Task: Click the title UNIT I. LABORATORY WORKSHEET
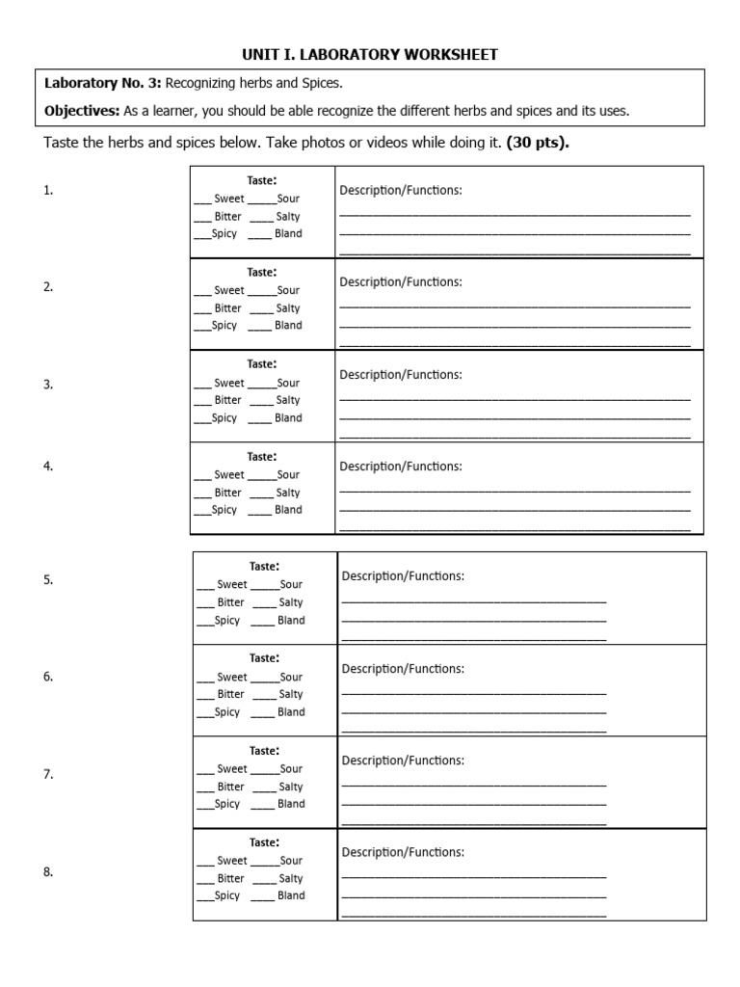tap(370, 55)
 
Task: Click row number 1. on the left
tap(48, 191)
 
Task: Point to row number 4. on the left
tap(48, 467)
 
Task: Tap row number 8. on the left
tap(48, 872)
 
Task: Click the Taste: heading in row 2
tap(262, 273)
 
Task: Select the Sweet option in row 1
tap(228, 199)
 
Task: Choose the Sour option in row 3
tap(288, 383)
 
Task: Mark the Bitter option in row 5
tap(231, 602)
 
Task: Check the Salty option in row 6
tap(290, 694)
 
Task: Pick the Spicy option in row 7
tap(226, 804)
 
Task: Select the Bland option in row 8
tap(290, 895)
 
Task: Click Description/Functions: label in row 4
tap(401, 467)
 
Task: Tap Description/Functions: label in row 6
tap(403, 669)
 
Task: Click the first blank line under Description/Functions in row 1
tap(515, 215)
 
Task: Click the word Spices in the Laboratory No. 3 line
tap(322, 85)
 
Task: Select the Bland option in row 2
tap(287, 326)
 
